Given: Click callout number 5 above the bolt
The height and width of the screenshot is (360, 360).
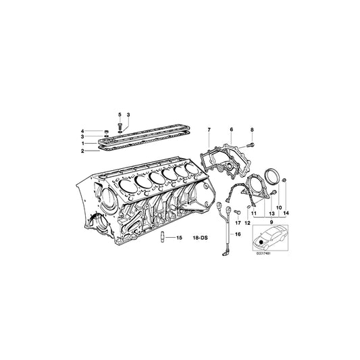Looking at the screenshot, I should pos(120,115).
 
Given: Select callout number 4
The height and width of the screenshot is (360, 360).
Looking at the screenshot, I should pos(101,130).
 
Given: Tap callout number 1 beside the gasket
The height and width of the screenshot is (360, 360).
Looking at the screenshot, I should pos(101,143).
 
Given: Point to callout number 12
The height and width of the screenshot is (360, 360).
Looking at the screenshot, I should pos(247,222).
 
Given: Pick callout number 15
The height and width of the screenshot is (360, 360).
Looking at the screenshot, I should pos(180,238).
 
